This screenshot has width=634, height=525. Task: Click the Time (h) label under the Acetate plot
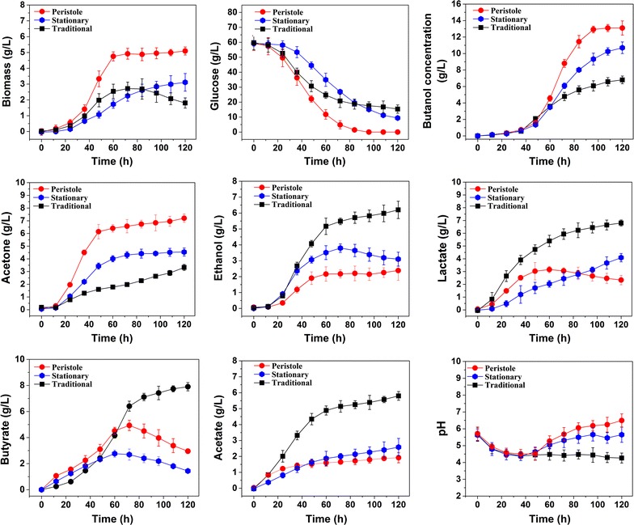(x=327, y=516)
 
